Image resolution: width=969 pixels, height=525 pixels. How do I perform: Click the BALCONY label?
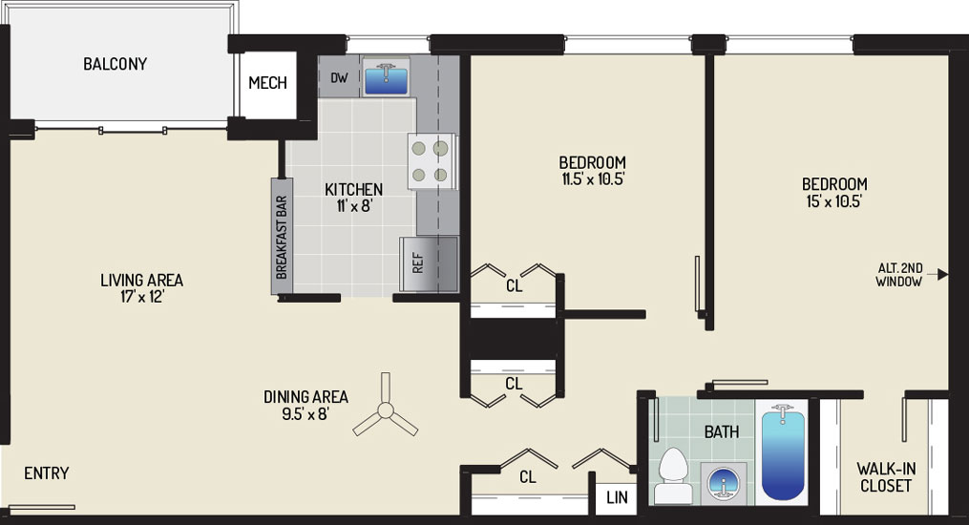pos(115,64)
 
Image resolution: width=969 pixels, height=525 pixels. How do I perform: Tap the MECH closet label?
pos(267,82)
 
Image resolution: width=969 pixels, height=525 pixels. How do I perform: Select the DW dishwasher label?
pos(339,78)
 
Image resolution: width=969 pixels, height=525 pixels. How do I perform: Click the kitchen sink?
pos(386,78)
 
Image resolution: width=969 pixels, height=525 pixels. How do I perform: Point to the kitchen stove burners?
pos(431,161)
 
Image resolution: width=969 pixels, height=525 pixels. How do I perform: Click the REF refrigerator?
pos(429,263)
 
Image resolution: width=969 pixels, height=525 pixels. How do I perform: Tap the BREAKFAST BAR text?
pos(282,237)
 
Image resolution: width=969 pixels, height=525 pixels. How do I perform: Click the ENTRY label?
pos(47,473)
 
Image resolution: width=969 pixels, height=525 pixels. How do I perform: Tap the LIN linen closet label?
pos(617,497)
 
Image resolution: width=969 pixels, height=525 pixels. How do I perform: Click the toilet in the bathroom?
pos(673,475)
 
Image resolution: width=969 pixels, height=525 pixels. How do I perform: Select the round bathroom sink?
pos(724,483)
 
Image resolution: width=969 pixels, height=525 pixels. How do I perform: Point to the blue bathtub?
pos(783,452)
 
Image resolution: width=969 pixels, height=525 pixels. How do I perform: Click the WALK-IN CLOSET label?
pos(886,477)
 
